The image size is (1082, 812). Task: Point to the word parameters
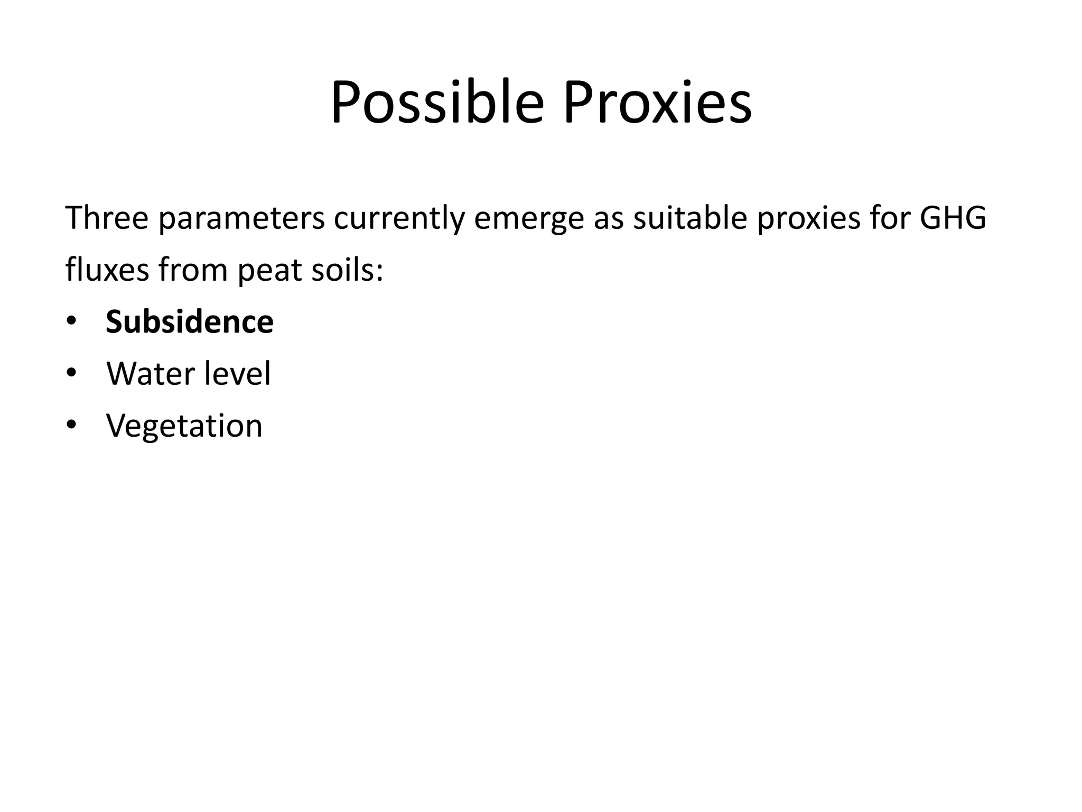241,218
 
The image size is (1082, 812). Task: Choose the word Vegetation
184,426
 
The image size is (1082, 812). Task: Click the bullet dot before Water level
71,373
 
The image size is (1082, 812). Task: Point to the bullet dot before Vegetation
71,425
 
